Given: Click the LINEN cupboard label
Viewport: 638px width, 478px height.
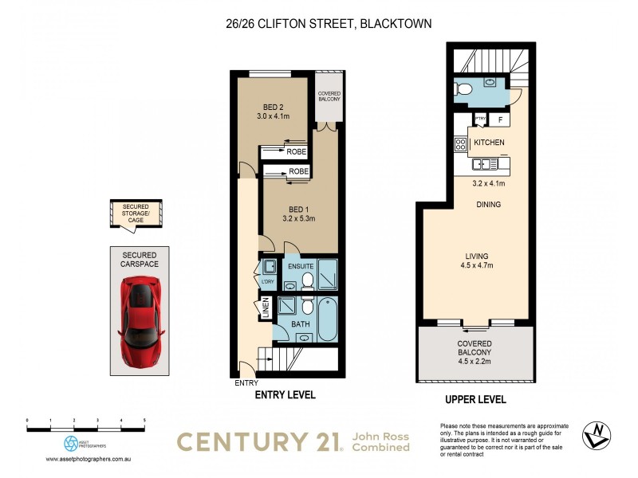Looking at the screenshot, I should click(266, 309).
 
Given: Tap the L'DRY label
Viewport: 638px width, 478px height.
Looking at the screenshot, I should click(267, 282).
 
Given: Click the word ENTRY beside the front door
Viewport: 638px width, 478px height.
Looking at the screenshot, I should click(246, 383).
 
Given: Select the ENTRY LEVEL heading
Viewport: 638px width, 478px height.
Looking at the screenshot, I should click(285, 395).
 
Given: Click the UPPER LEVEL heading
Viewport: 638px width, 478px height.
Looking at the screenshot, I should click(475, 400).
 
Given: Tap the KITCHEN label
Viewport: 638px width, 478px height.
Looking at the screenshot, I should click(489, 142).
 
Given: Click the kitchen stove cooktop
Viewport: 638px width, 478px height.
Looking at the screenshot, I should click(460, 144).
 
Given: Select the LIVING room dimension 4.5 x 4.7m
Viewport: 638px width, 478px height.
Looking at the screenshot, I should click(476, 266).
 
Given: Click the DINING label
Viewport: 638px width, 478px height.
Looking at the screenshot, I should click(488, 205).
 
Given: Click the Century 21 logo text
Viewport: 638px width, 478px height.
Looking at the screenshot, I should click(257, 442).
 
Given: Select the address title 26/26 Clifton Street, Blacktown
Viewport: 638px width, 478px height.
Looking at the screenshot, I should click(329, 24).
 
